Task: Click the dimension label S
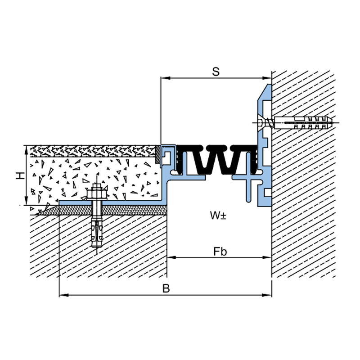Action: pos(216,72)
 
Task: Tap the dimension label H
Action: pos(20,176)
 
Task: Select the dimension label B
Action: pos(166,288)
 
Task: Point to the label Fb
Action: pos(220,252)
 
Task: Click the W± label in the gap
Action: pos(218,216)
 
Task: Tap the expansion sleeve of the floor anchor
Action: pos(97,234)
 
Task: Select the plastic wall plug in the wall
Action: pos(303,122)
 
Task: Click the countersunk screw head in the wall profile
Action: pos(262,122)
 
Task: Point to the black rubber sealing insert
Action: pos(216,160)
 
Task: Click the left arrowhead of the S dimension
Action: pos(165,78)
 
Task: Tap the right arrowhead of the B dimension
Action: pos(267,295)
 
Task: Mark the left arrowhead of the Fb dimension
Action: pos(171,257)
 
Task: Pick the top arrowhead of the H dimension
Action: pos(26,150)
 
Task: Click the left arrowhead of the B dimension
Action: pos(64,295)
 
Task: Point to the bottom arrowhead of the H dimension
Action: pos(26,200)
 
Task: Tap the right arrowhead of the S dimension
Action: pos(267,78)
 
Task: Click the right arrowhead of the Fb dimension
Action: pos(267,257)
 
